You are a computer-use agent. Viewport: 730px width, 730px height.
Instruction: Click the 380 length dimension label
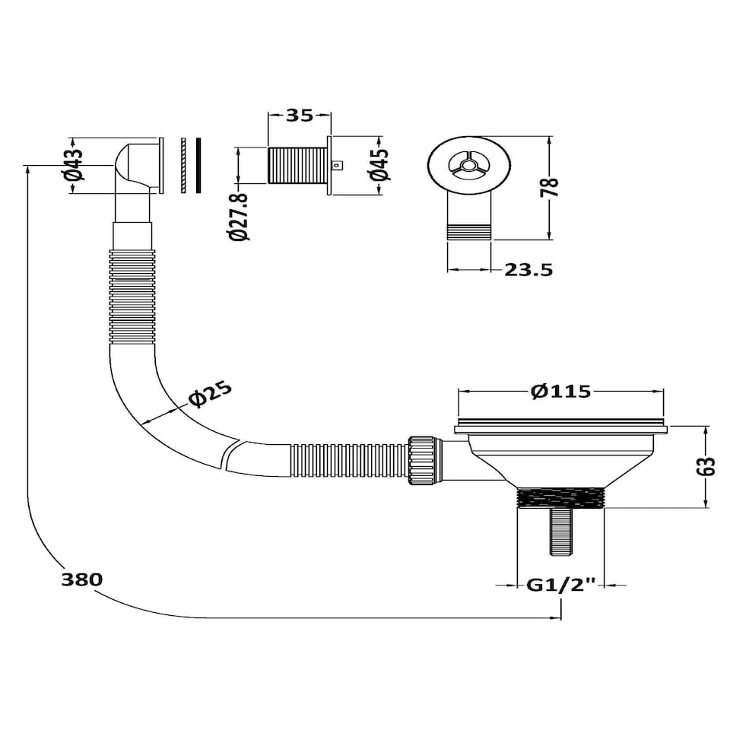[x=82, y=579]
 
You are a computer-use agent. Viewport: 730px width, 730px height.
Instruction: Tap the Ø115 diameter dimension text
[x=561, y=391]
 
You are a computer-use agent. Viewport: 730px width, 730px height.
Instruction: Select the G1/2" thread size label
[x=561, y=585]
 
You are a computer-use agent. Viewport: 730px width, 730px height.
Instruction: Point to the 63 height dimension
[x=706, y=466]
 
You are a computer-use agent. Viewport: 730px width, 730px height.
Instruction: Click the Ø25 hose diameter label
[x=210, y=394]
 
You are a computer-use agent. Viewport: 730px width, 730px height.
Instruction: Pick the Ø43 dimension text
[x=74, y=164]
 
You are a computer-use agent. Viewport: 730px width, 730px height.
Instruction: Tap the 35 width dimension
[x=300, y=115]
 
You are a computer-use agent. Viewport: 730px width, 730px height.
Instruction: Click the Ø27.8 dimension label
[x=240, y=217]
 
